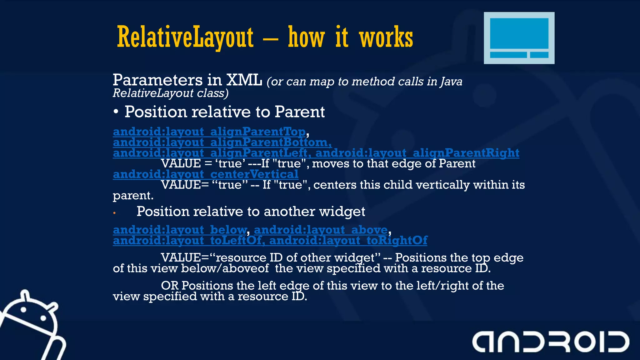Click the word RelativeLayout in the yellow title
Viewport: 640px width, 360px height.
coord(185,37)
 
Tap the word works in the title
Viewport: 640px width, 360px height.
coord(386,37)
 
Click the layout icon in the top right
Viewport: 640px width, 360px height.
coord(519,38)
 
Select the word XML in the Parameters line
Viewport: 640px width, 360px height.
coord(244,80)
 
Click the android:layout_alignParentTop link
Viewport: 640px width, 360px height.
coord(209,132)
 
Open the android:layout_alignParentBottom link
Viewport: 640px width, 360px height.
coord(222,142)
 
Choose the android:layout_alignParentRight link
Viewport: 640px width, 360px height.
coord(417,153)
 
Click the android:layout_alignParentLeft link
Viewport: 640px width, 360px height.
coord(210,153)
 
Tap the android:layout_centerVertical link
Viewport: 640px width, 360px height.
coord(205,174)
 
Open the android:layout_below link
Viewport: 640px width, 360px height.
coord(180,230)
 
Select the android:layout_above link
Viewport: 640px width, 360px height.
coord(321,230)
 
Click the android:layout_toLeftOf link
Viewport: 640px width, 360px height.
coord(187,241)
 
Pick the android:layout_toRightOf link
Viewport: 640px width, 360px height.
coord(348,241)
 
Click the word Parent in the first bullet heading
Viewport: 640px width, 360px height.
coord(300,112)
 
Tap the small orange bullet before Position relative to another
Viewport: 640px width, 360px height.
coord(115,213)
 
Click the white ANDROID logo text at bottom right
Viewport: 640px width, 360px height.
coord(550,342)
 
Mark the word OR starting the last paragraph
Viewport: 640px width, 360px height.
coord(170,286)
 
